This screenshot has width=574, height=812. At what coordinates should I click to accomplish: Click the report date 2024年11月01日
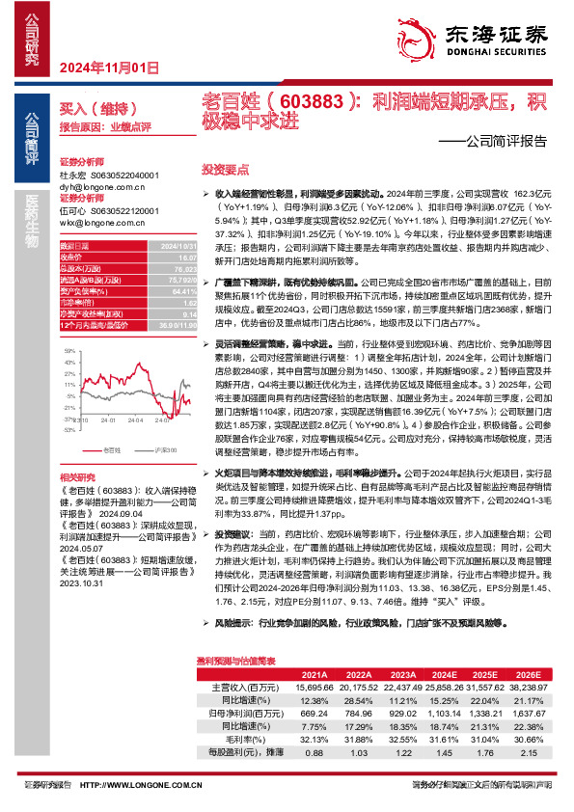(108, 68)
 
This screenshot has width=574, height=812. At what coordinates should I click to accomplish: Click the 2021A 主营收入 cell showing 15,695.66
(311, 685)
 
